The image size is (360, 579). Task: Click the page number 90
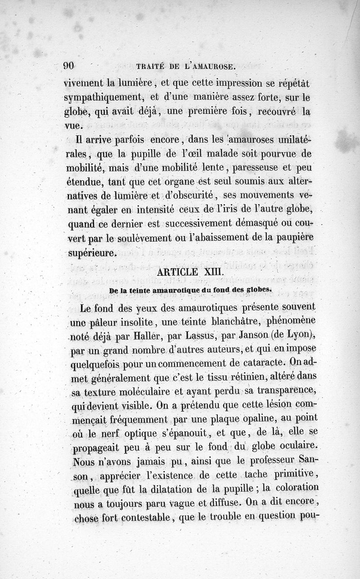pyautogui.click(x=68, y=66)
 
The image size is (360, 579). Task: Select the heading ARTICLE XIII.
pyautogui.click(x=187, y=272)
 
